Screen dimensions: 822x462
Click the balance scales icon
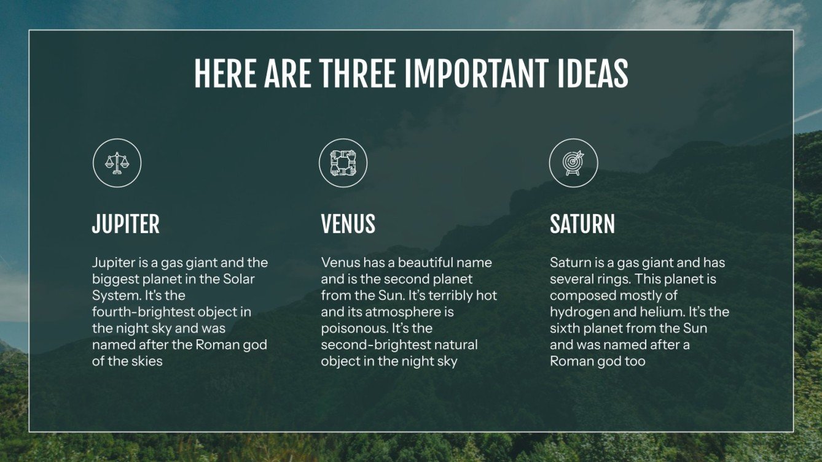point(117,163)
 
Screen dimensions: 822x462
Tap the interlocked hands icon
point(343,163)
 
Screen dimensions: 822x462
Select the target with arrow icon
point(573,163)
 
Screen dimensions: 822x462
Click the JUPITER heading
point(125,224)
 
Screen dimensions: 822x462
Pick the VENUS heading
point(348,224)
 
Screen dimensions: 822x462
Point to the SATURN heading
point(582,224)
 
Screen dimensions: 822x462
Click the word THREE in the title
point(357,74)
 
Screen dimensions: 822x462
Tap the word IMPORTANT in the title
point(476,74)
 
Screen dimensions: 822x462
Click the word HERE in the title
point(225,74)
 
